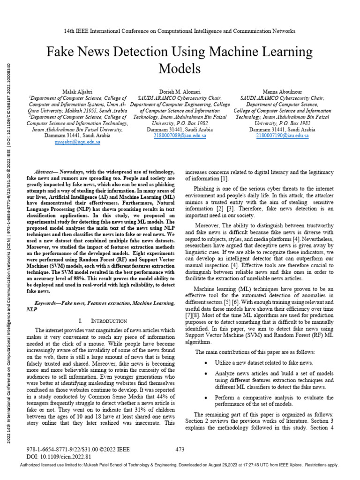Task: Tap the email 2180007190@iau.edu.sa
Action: (282, 135)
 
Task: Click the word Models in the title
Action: (180, 69)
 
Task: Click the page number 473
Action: (180, 449)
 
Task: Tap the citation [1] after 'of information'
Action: (225, 179)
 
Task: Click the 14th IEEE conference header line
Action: (180, 31)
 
